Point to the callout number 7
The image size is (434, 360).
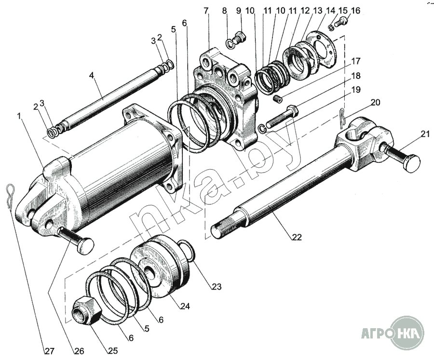coord(206,10)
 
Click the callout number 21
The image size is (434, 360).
coord(424,134)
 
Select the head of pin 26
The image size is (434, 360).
coord(85,246)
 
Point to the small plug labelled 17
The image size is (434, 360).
coord(277,99)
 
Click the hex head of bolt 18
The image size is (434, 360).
coord(293,111)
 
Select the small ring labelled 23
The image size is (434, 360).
coord(188,251)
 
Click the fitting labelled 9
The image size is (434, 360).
coord(238,38)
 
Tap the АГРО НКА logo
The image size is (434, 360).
coord(393,332)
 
